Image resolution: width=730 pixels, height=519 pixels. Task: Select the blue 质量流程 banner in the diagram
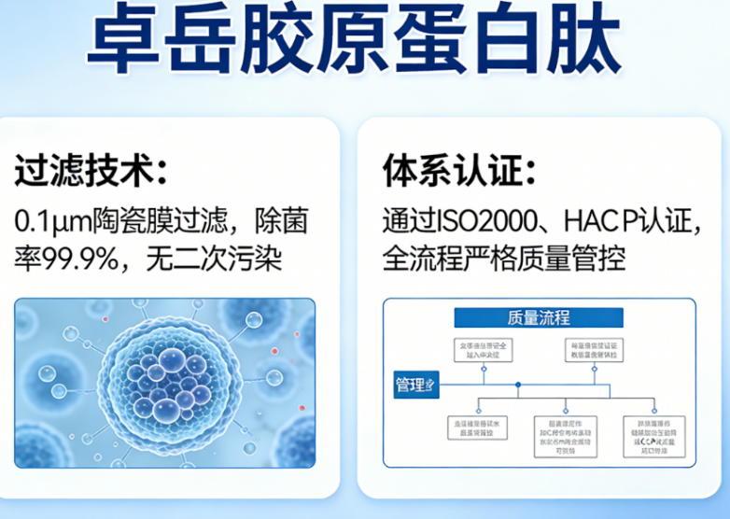click(538, 317)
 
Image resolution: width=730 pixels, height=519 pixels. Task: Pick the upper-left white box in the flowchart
click(483, 351)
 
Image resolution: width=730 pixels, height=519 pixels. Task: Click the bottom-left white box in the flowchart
click(478, 428)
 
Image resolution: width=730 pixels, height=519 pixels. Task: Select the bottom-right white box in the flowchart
click(653, 433)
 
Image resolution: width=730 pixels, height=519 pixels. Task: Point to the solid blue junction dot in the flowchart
click(518, 385)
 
